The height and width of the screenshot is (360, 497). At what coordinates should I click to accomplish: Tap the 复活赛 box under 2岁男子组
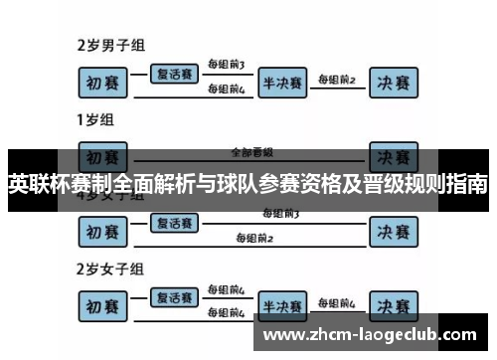tap(173, 74)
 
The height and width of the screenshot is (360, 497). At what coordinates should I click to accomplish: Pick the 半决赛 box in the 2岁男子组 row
tap(283, 82)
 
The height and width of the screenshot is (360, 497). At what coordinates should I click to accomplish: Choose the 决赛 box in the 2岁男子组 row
tap(396, 82)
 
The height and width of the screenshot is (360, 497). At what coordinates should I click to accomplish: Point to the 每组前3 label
tap(227, 65)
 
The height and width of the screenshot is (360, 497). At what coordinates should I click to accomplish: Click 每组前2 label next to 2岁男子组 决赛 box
tap(337, 79)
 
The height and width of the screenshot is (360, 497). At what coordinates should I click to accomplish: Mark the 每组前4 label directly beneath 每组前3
tap(227, 89)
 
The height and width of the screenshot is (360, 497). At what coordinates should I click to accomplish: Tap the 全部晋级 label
tap(251, 152)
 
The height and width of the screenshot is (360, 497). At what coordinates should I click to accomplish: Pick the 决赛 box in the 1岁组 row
tap(396, 158)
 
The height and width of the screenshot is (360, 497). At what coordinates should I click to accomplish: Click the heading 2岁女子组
tap(110, 269)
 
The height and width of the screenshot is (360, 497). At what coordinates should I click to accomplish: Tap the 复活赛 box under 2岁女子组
tap(173, 297)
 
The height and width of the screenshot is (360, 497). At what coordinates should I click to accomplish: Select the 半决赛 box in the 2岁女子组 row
tap(283, 304)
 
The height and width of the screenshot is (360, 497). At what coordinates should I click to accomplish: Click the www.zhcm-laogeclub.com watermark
tap(373, 335)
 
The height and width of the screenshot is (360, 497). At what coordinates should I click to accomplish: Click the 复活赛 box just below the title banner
tap(173, 223)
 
